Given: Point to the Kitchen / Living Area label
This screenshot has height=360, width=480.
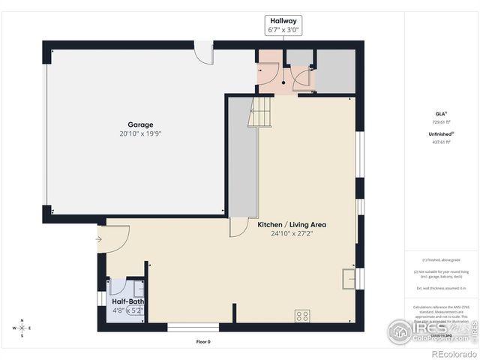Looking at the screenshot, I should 292,224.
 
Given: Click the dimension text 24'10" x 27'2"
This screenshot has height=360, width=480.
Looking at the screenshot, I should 292,233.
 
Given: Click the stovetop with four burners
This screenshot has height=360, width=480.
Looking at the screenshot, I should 302,316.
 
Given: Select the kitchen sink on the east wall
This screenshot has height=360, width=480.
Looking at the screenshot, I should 349,278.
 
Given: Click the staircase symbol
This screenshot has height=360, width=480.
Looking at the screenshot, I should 259,113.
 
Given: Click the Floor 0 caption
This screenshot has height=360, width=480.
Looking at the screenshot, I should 203,342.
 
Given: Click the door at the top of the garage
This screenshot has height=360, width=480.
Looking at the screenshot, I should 203,52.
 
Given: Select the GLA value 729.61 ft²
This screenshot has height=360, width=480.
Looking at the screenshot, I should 440,121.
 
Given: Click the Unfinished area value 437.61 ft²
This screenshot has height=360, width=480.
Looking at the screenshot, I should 440,141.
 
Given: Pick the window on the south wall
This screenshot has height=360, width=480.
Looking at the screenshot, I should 193,327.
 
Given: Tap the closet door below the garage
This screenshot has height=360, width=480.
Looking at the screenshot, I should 238,227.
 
